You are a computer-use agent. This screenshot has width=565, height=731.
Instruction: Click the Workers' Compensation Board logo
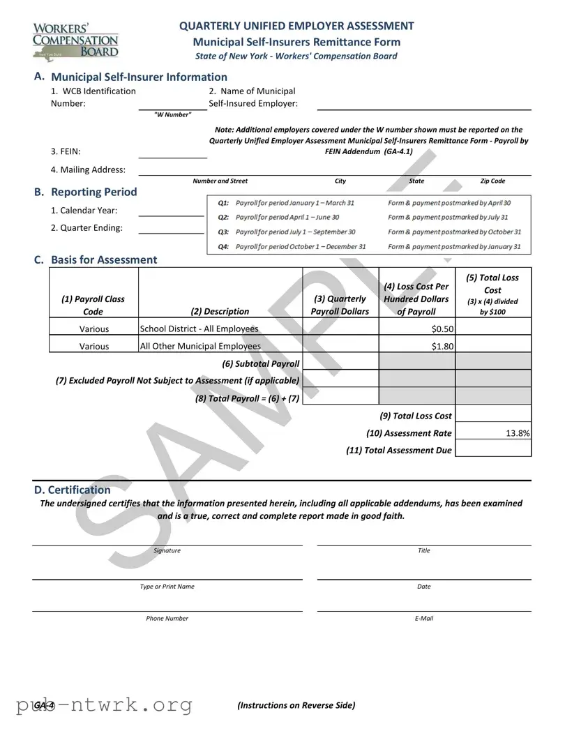pos(75,41)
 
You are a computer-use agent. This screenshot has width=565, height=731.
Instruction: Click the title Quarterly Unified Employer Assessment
pos(296,26)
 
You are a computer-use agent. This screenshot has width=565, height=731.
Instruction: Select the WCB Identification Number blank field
pos(172,103)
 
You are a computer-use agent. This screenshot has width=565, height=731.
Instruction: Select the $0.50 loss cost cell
pos(416,329)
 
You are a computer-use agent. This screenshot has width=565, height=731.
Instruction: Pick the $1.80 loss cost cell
pos(416,346)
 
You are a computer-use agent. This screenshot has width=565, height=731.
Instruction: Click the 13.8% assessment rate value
pos(492,433)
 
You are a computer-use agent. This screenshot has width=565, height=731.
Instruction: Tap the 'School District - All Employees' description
pos(199,329)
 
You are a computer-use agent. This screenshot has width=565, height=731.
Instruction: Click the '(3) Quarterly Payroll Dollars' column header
pos(340,305)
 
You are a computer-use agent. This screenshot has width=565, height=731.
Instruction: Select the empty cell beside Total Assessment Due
pos(492,451)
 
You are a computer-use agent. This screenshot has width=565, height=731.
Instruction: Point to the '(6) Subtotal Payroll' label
pos(260,363)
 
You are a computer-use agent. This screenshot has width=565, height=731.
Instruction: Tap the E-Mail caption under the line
pos(423,618)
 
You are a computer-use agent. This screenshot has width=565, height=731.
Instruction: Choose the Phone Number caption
pos(167,618)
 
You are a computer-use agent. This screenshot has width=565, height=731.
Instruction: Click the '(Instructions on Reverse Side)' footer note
pos(296,705)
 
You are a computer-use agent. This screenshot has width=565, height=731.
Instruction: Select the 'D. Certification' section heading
pos(73,490)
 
